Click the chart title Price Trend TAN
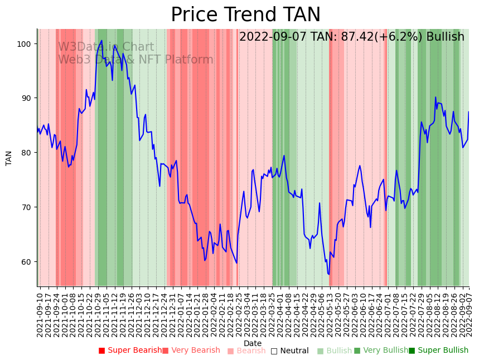245,15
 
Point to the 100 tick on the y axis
26,44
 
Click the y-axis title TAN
9,158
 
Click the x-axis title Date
253,344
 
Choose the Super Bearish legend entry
130,351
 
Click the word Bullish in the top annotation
445,37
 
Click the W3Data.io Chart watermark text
106,47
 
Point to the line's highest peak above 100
101,41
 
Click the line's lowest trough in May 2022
329,274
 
